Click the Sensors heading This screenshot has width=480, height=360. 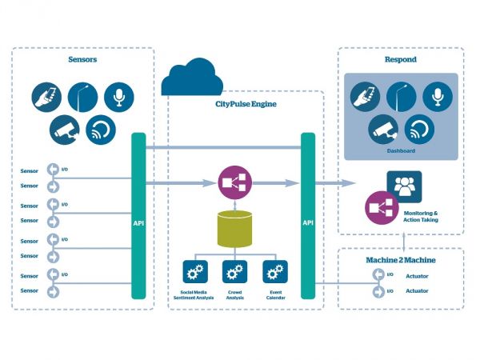[82, 59]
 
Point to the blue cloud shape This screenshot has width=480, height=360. [191, 78]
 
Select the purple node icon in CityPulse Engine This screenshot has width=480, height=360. [234, 184]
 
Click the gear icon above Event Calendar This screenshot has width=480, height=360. [275, 272]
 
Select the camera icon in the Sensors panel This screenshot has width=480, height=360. [62, 129]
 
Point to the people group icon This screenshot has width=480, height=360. [403, 186]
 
